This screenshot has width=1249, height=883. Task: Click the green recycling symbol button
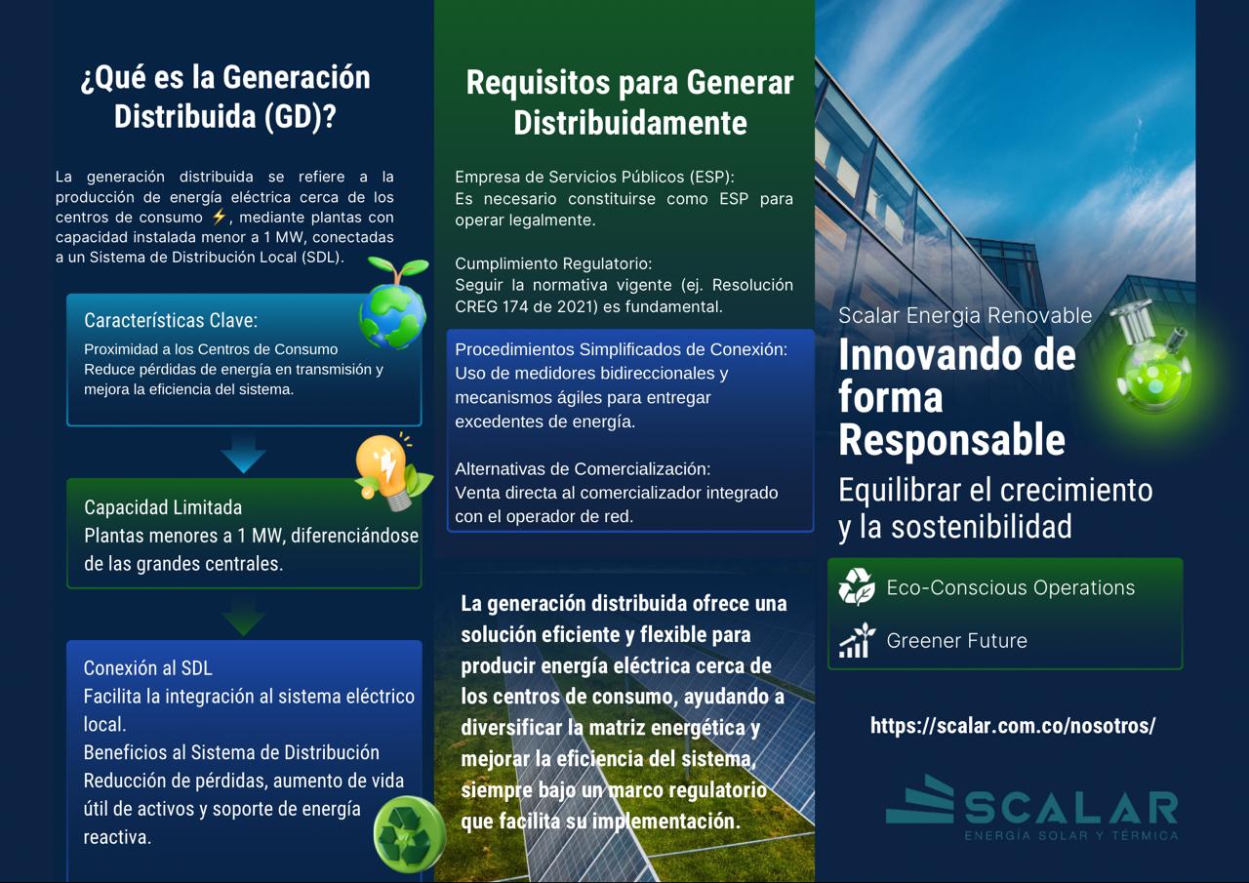[409, 833]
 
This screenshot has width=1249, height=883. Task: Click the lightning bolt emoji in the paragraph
[220, 217]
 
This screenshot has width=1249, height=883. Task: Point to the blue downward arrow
[243, 454]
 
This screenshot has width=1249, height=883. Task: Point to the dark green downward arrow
[243, 617]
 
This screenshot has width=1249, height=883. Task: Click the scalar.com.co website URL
[1013, 726]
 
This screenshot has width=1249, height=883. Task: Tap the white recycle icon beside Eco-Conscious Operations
[857, 586]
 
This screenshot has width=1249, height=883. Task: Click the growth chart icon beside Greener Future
[857, 640]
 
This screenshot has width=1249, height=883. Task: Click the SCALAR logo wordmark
[1031, 807]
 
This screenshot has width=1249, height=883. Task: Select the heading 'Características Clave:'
[171, 321]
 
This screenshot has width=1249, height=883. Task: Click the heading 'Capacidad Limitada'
[163, 507]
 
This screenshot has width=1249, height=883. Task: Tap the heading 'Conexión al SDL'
[147, 667]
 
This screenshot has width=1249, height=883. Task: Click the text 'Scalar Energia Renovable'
[965, 315]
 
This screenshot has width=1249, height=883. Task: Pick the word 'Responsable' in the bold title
[951, 440]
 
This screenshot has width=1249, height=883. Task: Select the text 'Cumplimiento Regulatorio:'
[553, 263]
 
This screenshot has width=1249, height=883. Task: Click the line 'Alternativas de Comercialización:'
[583, 468]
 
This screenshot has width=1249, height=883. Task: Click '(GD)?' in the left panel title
[300, 117]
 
